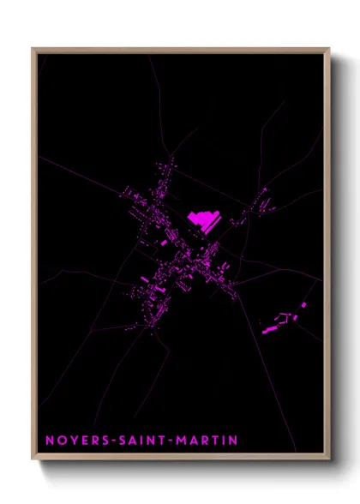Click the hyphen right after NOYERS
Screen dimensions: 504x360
[x=110, y=441]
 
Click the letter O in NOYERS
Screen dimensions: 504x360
[x=60, y=441]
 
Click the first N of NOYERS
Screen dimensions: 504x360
[x=49, y=441]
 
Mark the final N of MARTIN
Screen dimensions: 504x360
[x=233, y=441]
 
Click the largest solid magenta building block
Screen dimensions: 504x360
[x=203, y=220]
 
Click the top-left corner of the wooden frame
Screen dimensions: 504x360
[x=33, y=49]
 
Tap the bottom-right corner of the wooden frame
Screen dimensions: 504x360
[x=329, y=459]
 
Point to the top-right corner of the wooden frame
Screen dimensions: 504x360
[x=329, y=49]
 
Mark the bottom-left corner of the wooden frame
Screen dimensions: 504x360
[x=33, y=459]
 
